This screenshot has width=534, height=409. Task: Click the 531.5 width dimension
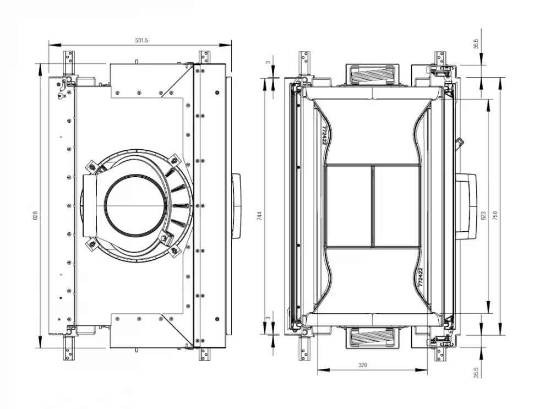click(141, 40)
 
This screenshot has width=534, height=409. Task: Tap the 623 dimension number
click(483, 216)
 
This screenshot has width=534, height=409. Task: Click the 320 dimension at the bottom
click(363, 365)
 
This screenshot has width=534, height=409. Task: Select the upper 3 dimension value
click(268, 62)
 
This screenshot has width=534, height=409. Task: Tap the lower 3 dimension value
click(268, 317)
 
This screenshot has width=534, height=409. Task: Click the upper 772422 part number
click(324, 134)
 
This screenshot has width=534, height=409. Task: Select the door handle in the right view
click(465, 206)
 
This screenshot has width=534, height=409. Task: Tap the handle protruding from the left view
click(236, 205)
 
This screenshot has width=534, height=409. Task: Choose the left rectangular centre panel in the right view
click(348, 206)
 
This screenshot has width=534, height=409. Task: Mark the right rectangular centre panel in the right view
click(397, 206)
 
